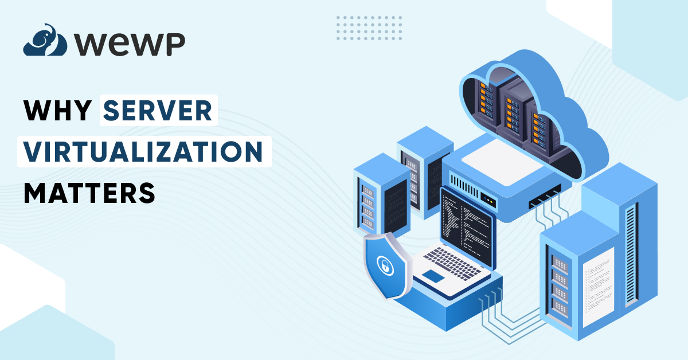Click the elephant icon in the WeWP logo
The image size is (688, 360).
pyautogui.click(x=39, y=40)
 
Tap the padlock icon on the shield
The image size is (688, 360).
pyautogui.click(x=382, y=265)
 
